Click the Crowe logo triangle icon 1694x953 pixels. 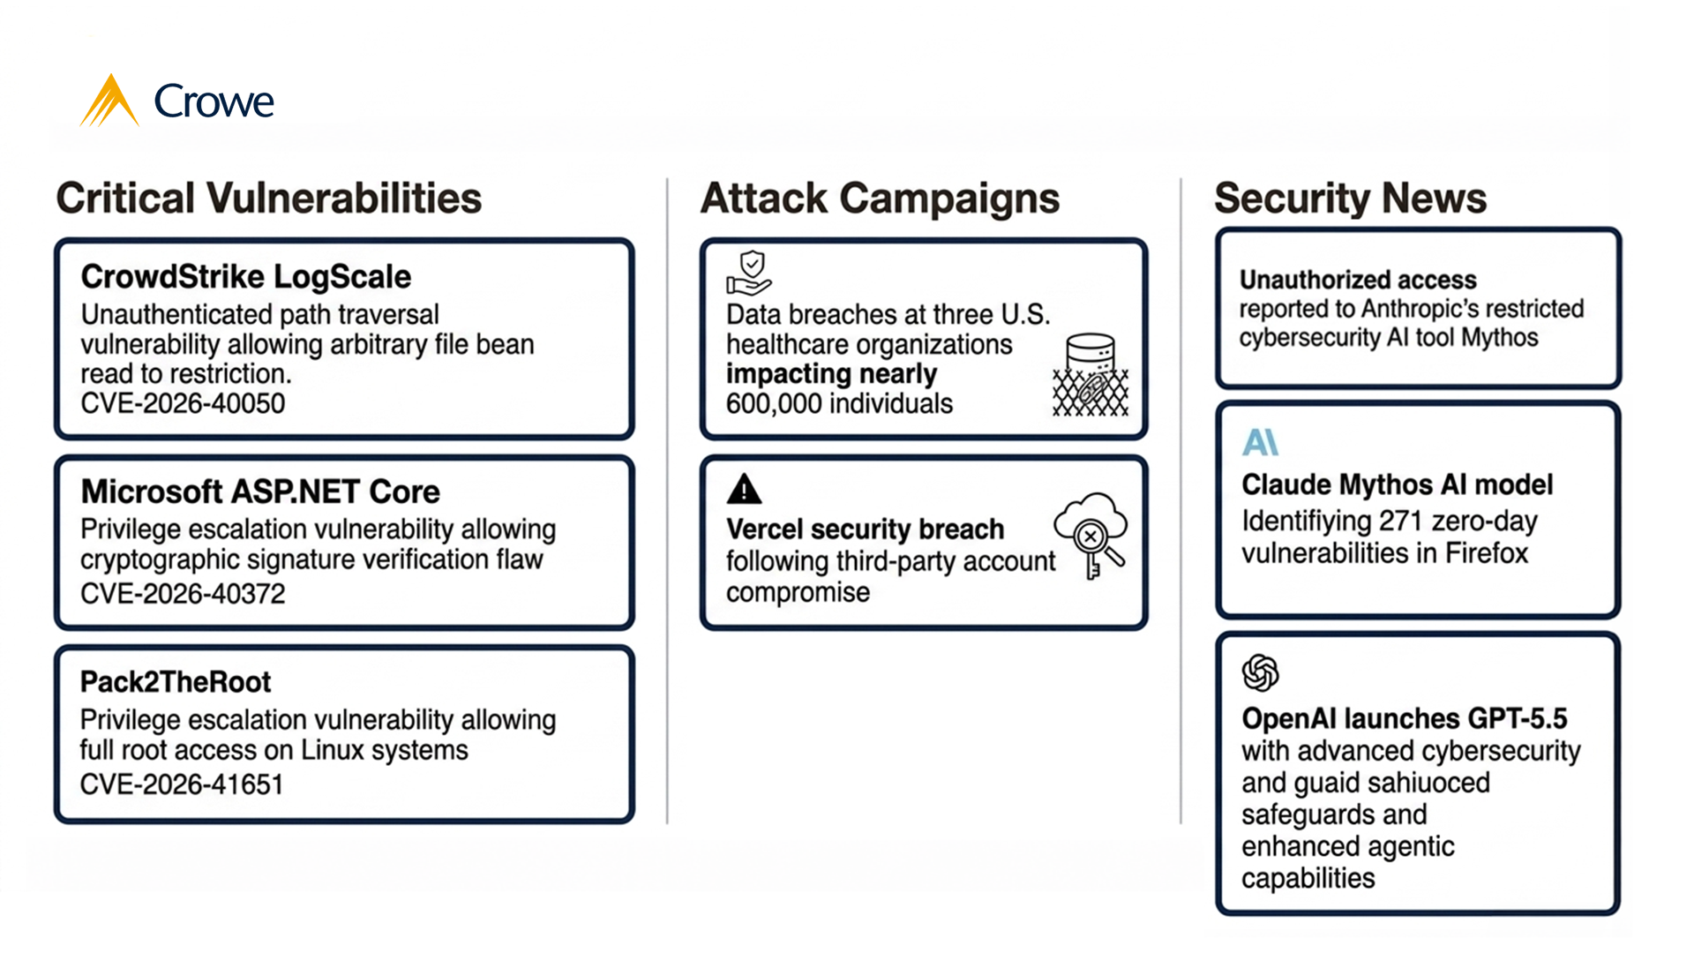point(109,102)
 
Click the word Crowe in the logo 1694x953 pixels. point(214,102)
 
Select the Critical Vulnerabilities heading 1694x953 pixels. point(269,198)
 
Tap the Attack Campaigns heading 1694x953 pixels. point(880,198)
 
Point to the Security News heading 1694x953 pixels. point(1350,198)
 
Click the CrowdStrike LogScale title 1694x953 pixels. point(245,277)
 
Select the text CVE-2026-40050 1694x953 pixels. point(183,404)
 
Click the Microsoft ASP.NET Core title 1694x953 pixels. point(260,492)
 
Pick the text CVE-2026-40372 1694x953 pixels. point(183,594)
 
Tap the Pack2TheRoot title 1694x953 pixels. point(176,682)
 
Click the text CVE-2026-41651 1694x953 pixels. point(182,784)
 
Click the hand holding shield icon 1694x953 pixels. point(749,272)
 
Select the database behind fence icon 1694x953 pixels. point(1091,375)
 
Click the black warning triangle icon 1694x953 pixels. point(744,489)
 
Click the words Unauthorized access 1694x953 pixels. point(1358,280)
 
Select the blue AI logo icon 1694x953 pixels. point(1260,442)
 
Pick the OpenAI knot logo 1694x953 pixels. point(1260,673)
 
